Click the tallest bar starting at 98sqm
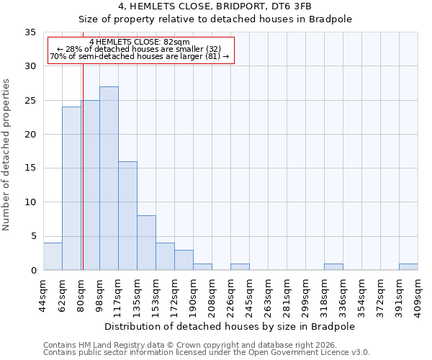[109, 179]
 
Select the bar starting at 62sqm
[71, 189]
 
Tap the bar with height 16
[127, 216]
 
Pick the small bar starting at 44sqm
[53, 256]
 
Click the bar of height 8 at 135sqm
[146, 243]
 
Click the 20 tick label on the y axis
[30, 135]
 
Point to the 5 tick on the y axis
[33, 236]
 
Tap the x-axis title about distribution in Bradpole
[230, 326]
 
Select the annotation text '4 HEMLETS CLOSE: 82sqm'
[140, 42]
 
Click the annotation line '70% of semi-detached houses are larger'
[140, 57]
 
